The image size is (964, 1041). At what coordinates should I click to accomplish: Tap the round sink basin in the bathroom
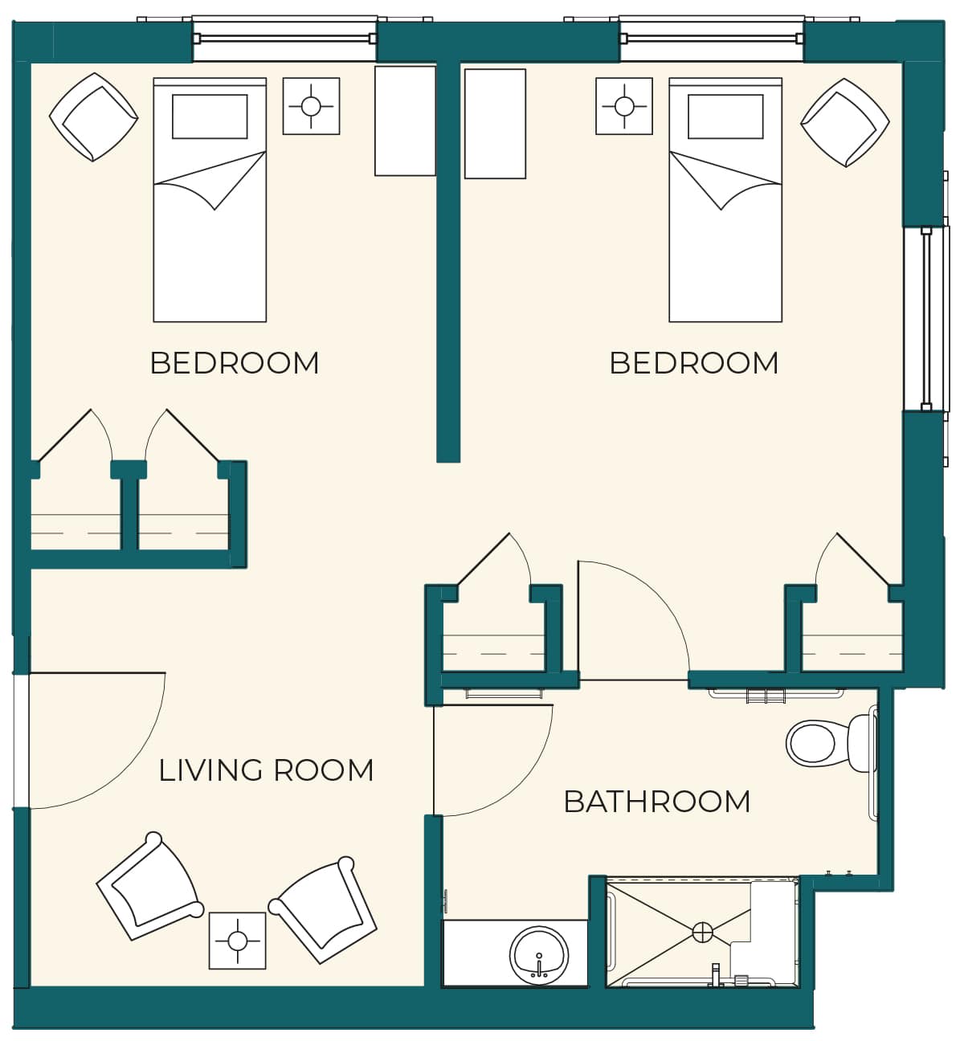539,954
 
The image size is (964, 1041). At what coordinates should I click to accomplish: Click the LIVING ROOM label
266,770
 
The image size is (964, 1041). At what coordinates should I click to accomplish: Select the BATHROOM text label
657,802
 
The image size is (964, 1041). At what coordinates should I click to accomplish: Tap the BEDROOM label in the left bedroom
235,363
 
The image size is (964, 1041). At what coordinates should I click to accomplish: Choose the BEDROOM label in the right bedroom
694,363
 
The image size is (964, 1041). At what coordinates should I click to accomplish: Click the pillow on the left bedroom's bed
210,116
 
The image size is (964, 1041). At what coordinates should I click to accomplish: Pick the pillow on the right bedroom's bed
725,116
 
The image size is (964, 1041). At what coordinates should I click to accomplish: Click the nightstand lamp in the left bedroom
311,106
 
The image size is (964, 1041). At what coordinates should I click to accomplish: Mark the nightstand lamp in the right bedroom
624,106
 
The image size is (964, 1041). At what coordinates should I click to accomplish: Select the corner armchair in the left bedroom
93,117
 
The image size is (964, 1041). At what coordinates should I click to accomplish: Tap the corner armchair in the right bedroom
845,123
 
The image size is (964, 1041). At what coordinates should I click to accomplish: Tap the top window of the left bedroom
285,39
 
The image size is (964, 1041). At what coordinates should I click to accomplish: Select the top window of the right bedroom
712,39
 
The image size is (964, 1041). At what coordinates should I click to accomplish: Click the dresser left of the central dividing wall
405,120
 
